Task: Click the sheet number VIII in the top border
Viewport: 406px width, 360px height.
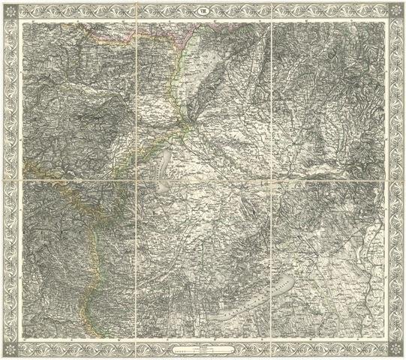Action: pyautogui.click(x=203, y=10)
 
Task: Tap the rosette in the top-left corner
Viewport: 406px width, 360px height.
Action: pyautogui.click(x=11, y=10)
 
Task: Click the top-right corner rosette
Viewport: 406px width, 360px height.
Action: pyautogui.click(x=395, y=10)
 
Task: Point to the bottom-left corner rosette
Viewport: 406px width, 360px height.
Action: pyautogui.click(x=11, y=349)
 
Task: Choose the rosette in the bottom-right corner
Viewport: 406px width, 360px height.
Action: pyautogui.click(x=395, y=349)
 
